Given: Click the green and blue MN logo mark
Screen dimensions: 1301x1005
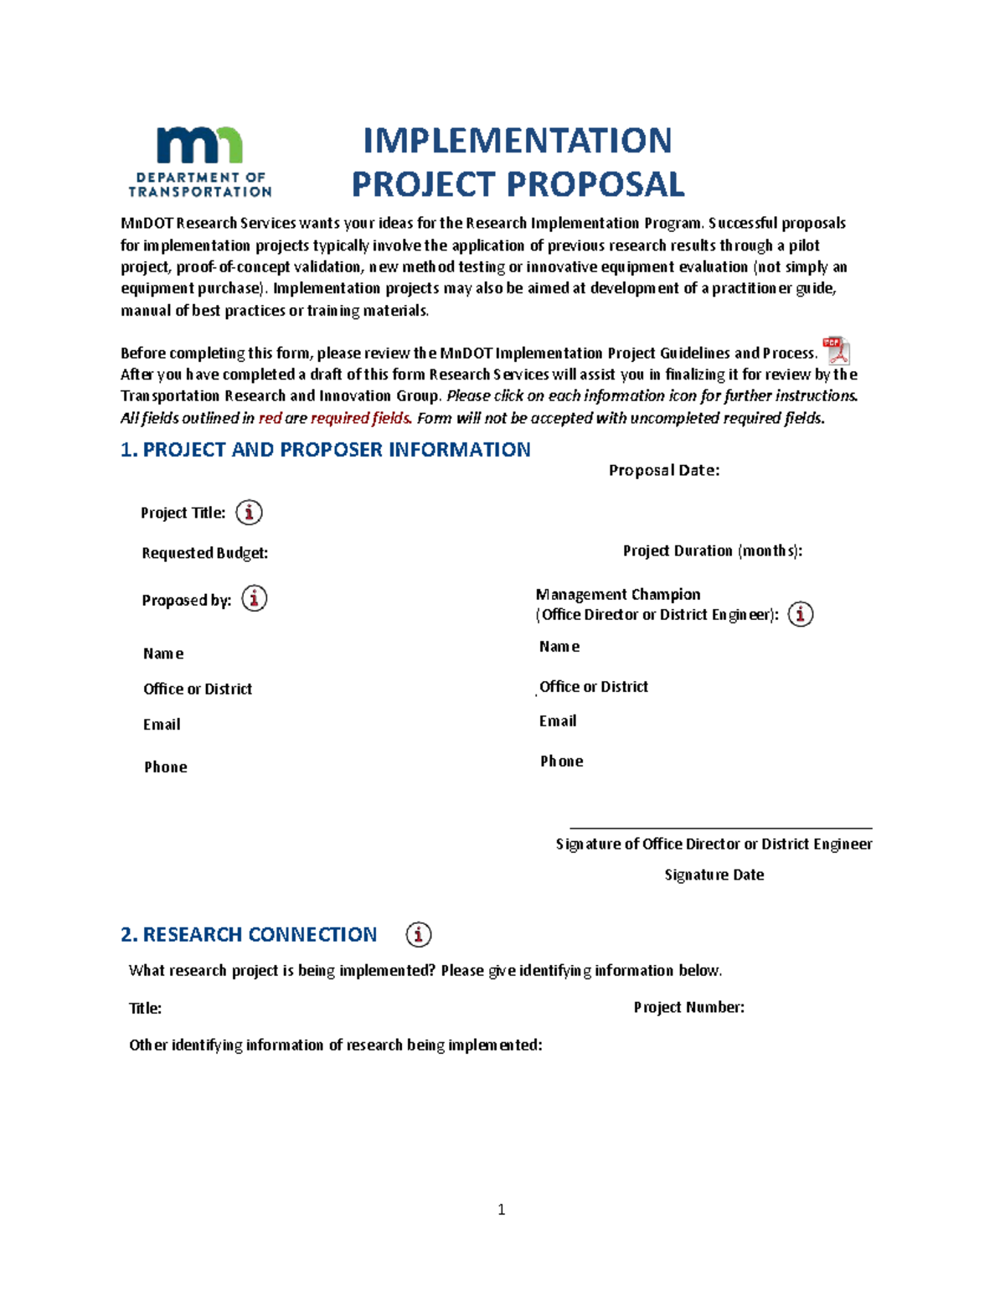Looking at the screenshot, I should point(199,146).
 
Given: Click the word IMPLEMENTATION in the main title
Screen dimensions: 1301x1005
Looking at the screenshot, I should point(517,141).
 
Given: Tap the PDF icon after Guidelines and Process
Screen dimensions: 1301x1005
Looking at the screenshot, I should point(836,350).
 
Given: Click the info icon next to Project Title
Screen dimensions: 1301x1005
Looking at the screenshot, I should point(249,512).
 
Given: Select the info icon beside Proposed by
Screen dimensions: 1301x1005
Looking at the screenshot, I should point(254,598).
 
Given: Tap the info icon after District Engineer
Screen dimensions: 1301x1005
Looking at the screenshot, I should point(801,614).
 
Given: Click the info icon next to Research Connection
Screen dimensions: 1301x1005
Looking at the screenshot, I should point(419,934).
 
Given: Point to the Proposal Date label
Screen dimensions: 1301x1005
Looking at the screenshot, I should point(663,471).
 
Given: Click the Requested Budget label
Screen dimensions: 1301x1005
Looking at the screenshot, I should point(204,553).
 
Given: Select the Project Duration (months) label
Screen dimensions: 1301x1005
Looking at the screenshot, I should point(712,550).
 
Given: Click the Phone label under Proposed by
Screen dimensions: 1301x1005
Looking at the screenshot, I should point(166,767).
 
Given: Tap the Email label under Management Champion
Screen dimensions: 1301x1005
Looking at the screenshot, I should point(558,721).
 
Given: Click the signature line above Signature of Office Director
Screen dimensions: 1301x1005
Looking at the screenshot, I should point(720,828).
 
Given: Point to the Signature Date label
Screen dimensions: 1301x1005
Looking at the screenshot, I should point(714,875).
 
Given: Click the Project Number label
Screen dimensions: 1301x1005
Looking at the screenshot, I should point(688,1007).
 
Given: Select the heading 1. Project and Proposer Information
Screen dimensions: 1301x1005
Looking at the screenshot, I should point(325,450).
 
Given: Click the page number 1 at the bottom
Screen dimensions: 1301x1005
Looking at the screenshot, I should point(501,1209).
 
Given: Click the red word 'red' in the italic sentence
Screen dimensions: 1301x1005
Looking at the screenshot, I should point(270,418).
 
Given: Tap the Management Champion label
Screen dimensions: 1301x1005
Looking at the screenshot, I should point(618,594).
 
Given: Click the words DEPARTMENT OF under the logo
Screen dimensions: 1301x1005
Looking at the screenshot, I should point(200,178).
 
